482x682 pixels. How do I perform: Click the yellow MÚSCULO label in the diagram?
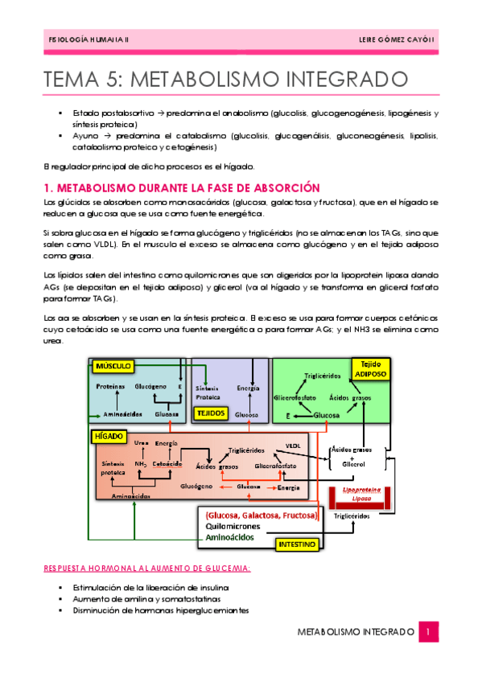tap(113, 366)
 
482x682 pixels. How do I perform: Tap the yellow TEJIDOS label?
tap(211, 413)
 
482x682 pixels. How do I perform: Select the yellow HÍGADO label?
tap(109, 435)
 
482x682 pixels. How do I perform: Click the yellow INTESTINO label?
tap(295, 544)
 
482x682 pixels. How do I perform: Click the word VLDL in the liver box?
tap(293, 444)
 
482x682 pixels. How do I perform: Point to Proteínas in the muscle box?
tap(110, 387)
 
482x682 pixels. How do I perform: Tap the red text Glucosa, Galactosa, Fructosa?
tap(262, 514)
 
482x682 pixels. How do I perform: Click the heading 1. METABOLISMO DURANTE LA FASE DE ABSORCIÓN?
tap(171, 187)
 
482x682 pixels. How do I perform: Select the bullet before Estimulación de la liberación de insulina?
tap(61, 588)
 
